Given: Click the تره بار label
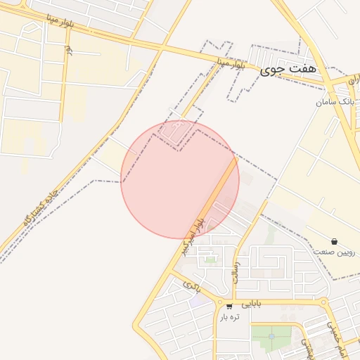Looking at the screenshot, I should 229,317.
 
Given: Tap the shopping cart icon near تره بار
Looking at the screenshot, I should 229,306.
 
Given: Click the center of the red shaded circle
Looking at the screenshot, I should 180,179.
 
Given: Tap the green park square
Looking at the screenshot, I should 268,338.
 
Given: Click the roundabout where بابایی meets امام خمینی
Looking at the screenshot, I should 323,303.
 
